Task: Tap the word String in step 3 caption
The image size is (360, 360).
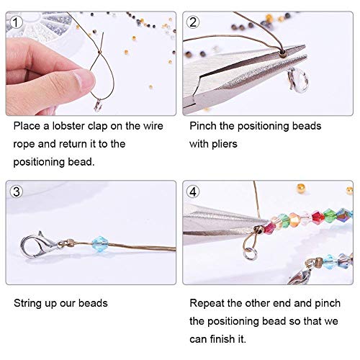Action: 29,303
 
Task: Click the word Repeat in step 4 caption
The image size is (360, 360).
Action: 207,303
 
